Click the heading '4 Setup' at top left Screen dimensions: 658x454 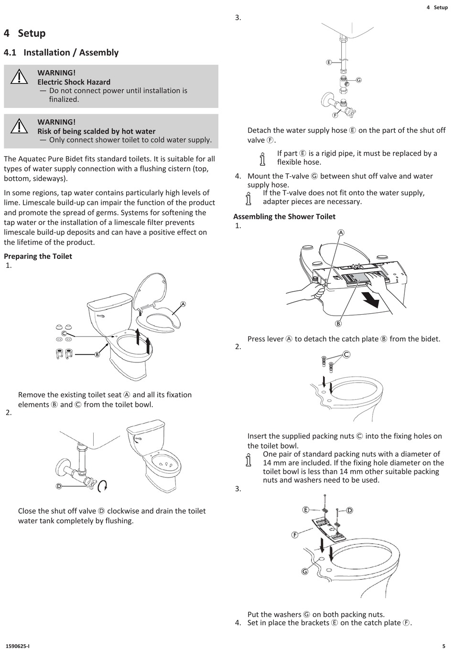(25, 33)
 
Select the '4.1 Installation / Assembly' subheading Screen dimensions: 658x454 (61, 53)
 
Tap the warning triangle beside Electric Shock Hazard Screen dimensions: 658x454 (19, 77)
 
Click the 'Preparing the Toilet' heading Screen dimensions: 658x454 (38, 256)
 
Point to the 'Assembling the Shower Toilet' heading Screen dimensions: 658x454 (284, 217)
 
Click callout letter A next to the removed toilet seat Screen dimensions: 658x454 (183, 304)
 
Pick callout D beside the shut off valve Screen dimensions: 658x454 (59, 486)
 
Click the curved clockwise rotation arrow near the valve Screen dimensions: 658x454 (102, 486)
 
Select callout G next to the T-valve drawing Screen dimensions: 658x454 (358, 80)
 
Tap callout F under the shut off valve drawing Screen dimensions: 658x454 (335, 115)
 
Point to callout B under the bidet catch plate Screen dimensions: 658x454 (338, 323)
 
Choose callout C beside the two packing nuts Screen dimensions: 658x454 (346, 354)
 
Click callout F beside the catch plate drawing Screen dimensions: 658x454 (295, 535)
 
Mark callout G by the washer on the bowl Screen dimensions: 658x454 (305, 572)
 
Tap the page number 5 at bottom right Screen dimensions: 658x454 (444, 646)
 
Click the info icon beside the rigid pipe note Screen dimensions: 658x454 (262, 158)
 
